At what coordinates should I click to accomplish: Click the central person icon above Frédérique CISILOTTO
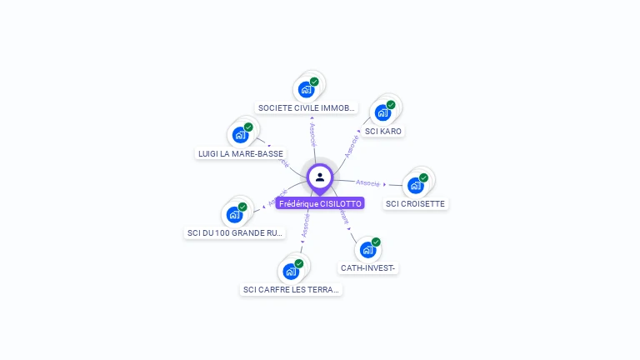click(320, 177)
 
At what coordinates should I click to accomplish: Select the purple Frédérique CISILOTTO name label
click(320, 203)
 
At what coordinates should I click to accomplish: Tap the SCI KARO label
click(383, 132)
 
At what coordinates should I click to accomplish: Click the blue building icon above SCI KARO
click(382, 112)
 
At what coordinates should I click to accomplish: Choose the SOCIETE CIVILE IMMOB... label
click(307, 108)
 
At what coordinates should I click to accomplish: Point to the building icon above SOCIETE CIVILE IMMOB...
click(306, 89)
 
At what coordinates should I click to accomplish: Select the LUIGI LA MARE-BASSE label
click(240, 153)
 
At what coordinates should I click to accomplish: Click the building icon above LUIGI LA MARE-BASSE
click(240, 134)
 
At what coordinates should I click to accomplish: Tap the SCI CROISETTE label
click(416, 203)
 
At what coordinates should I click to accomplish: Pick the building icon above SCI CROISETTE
click(415, 185)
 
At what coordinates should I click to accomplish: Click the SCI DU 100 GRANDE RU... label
click(235, 233)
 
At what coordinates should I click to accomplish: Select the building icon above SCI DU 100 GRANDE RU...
click(234, 214)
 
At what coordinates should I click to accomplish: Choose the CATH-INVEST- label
click(368, 268)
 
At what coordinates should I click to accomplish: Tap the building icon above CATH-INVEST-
click(367, 249)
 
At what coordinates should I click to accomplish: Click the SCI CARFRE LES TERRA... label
click(291, 290)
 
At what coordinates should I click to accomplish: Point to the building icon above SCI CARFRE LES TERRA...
click(290, 271)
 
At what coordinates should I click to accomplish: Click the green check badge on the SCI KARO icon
click(391, 105)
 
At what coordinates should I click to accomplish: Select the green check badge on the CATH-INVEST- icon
click(376, 242)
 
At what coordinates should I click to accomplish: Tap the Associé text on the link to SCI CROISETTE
click(367, 182)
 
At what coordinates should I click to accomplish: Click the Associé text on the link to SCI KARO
click(352, 143)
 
